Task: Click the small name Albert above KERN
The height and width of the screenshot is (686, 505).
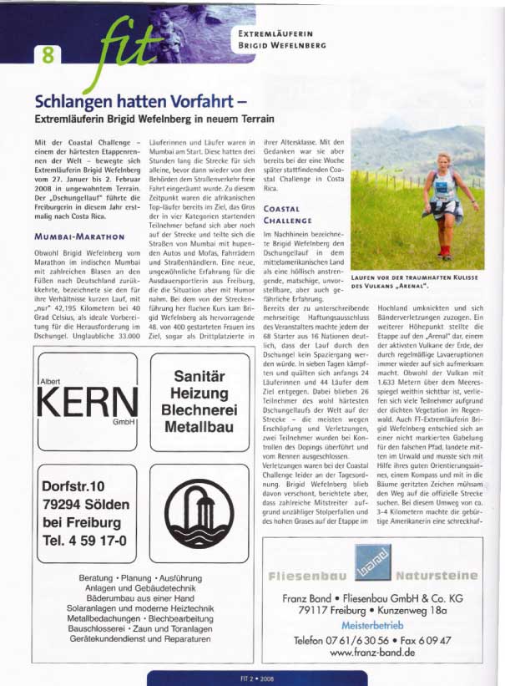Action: tap(52, 380)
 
